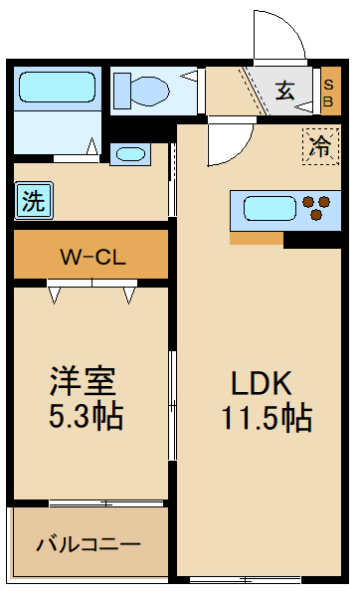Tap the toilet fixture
pos(138,90)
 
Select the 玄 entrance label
pos(285,91)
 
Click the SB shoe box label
pos(329,91)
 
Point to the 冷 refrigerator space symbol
pos(320,147)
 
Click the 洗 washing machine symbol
pos(33,202)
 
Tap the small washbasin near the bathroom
pos(130,154)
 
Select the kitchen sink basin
pos(266,210)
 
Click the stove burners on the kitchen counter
pos(317,209)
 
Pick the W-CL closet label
pos(90,257)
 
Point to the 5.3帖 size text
pos(87,415)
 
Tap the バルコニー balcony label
pos(89,544)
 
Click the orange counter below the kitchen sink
pos(256,238)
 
